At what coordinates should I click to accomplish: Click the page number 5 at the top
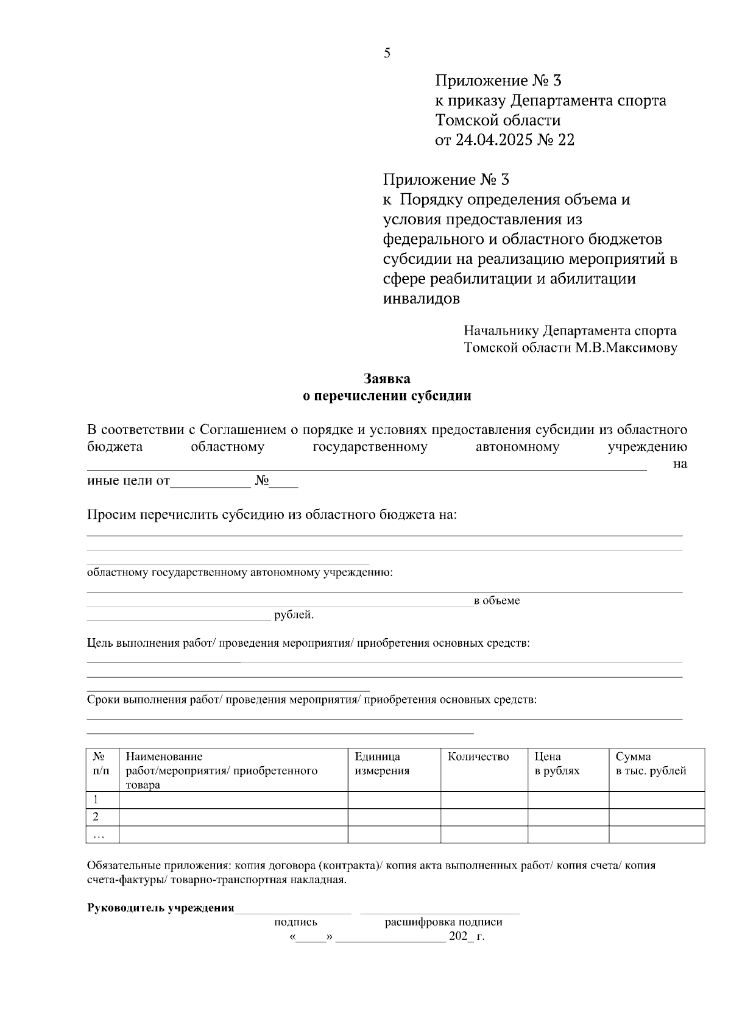point(387,54)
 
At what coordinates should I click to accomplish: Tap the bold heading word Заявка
point(387,379)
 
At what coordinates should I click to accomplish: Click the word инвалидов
point(422,299)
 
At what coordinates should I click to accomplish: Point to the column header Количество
point(478,757)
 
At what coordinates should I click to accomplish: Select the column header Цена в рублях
point(557,764)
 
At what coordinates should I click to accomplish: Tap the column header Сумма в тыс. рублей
point(651,764)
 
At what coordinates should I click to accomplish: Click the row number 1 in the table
point(96,800)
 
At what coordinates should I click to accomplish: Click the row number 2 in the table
point(96,817)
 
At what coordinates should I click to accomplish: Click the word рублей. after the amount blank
point(294,615)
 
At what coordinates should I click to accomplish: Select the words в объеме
point(497,601)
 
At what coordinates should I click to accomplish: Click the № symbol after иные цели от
point(262,481)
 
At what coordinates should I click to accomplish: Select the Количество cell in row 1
point(484,800)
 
